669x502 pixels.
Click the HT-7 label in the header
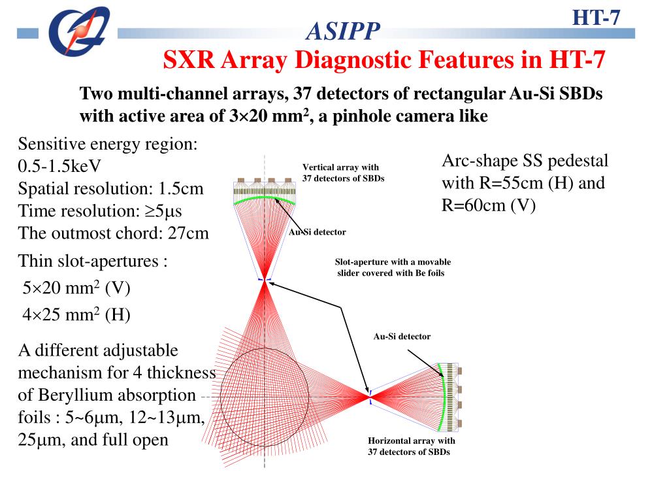coord(596,17)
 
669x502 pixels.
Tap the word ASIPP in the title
coord(342,31)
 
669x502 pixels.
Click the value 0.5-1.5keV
coord(59,166)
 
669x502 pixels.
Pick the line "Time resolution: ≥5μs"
coord(100,211)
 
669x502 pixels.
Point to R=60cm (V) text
coord(489,205)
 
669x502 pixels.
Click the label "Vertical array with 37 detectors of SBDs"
coord(343,173)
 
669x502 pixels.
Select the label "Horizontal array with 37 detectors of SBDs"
coord(411,446)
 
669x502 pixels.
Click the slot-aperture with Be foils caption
coord(392,267)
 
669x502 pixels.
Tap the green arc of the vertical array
coord(264,197)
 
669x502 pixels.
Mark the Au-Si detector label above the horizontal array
coord(402,337)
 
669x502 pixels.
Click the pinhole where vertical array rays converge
coord(264,280)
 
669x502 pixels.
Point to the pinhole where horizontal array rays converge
coord(370,395)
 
